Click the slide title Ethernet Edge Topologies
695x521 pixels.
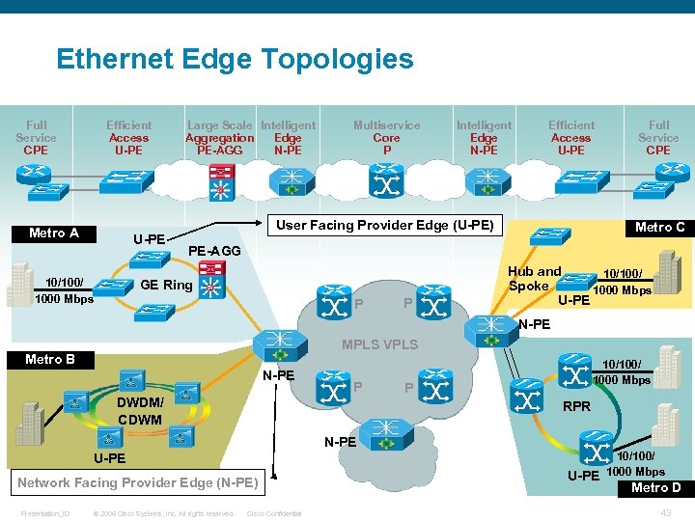[235, 60]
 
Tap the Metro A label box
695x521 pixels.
[54, 233]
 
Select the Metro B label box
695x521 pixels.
[50, 360]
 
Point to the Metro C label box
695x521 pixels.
[659, 228]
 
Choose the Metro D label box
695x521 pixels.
[655, 488]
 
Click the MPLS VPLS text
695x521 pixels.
[380, 345]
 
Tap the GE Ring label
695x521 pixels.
[166, 286]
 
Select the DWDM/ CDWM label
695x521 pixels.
[141, 410]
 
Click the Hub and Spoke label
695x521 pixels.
[534, 278]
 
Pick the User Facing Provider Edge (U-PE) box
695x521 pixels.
[384, 226]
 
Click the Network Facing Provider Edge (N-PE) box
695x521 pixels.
[137, 482]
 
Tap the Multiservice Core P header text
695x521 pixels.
[386, 137]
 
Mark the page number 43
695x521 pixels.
[665, 511]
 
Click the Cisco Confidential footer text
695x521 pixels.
[274, 513]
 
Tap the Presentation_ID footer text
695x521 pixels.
[46, 513]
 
